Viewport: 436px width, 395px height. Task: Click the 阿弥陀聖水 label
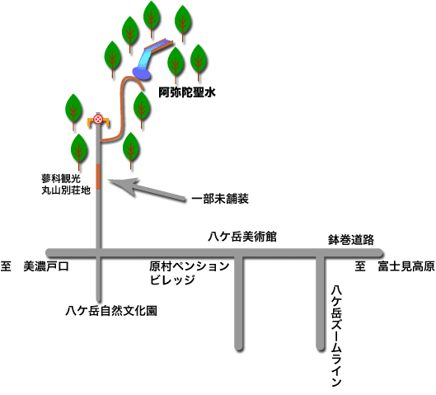187,92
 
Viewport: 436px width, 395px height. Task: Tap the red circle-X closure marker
98,120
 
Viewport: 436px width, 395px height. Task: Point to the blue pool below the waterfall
142,73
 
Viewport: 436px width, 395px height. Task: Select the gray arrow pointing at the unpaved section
147,190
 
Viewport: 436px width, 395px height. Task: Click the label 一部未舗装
220,199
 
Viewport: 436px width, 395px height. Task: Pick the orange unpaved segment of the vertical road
98,176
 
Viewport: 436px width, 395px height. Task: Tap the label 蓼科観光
61,178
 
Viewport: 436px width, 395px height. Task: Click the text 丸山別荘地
66,190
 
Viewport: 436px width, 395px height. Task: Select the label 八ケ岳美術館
242,237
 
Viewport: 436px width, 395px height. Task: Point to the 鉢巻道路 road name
351,239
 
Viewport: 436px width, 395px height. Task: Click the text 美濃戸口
46,266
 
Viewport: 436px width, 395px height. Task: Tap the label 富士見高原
406,266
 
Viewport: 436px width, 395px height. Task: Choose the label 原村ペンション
189,266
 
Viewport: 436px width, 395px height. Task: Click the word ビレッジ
172,280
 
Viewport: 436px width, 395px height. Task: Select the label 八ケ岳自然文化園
111,311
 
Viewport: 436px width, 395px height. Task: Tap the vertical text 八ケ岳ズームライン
336,336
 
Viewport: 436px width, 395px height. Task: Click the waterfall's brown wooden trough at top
159,45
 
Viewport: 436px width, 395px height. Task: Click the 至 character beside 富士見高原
360,266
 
